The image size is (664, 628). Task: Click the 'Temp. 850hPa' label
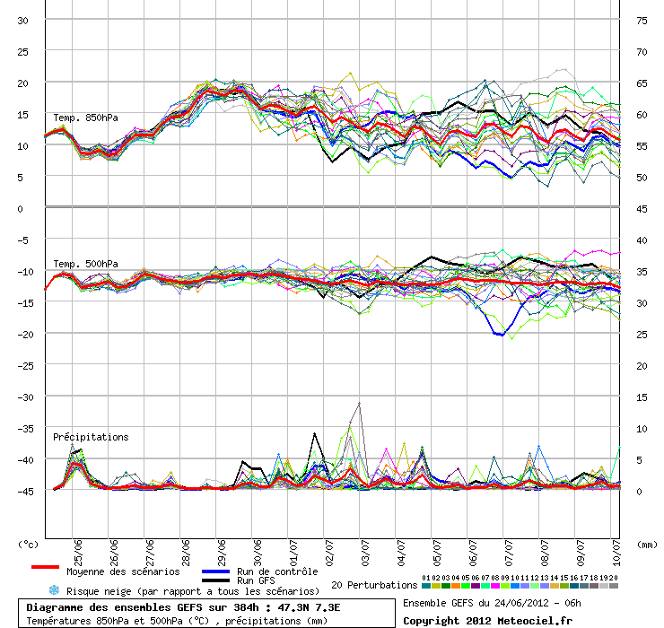click(x=85, y=118)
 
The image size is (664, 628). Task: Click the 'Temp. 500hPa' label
click(x=85, y=263)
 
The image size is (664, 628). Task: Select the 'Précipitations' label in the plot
click(x=91, y=437)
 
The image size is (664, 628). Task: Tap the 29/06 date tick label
click(x=221, y=548)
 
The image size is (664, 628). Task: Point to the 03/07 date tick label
click(x=363, y=548)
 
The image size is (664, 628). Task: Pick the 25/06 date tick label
click(x=79, y=548)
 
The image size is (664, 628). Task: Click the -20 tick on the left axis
click(x=24, y=334)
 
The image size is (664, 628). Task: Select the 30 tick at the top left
click(x=24, y=20)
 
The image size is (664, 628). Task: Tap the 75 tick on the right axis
click(x=642, y=20)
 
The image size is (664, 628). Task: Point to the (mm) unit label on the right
click(x=646, y=544)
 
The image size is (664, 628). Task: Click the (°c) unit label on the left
click(x=29, y=544)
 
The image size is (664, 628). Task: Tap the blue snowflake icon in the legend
click(x=53, y=591)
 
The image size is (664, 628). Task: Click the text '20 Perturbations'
click(x=373, y=585)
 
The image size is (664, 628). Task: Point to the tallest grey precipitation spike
click(x=360, y=405)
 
